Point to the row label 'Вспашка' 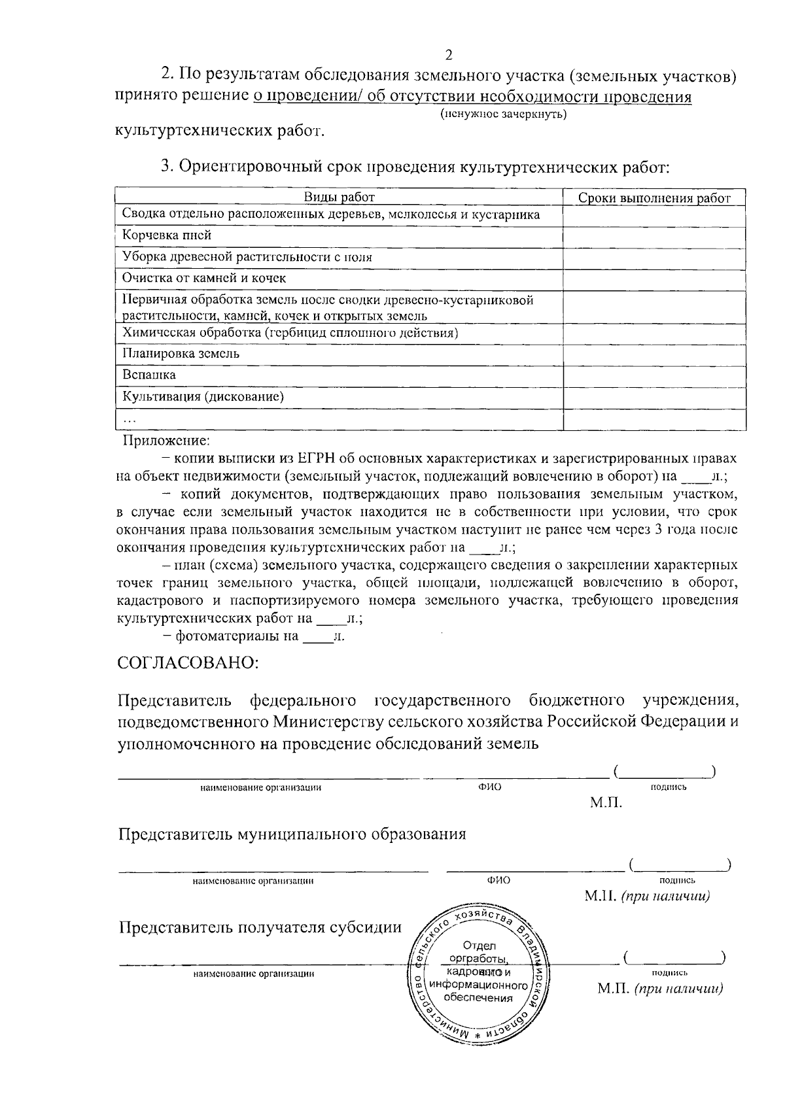pyautogui.click(x=149, y=375)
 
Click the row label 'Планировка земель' pyautogui.click(x=181, y=353)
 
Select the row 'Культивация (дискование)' pyautogui.click(x=203, y=396)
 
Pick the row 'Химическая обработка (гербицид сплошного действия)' pyautogui.click(x=290, y=333)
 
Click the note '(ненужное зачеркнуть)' pyautogui.click(x=502, y=114)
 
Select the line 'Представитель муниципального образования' pyautogui.click(x=292, y=834)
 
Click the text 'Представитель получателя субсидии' pyautogui.click(x=260, y=927)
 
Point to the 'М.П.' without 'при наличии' pyautogui.click(x=606, y=803)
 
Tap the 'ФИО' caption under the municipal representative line pyautogui.click(x=498, y=880)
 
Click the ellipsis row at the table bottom pyautogui.click(x=130, y=419)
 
